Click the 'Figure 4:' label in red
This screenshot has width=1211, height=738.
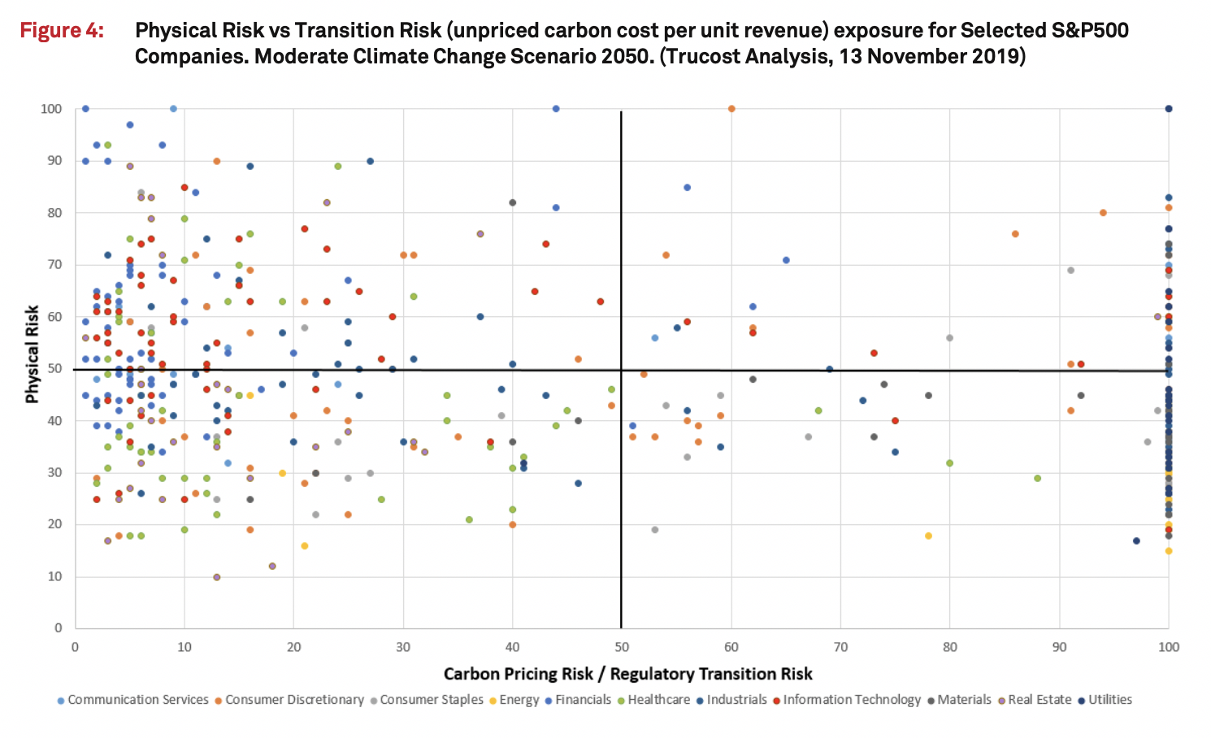point(62,31)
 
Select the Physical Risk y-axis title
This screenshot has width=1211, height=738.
point(33,354)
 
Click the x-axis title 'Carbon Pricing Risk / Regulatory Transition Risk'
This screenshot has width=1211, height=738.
point(627,674)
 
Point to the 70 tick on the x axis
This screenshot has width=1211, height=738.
point(840,647)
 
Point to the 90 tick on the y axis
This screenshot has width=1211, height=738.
point(54,161)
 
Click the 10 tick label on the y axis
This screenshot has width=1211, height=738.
point(54,576)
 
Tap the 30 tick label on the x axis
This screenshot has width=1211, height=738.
point(403,647)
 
